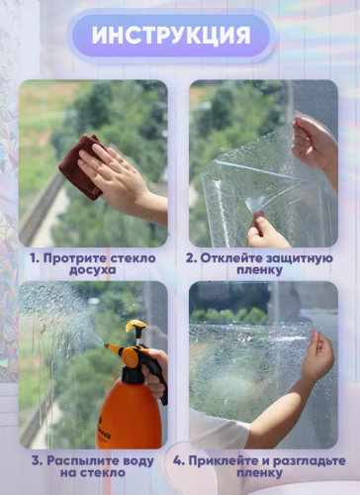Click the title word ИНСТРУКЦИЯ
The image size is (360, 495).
171,35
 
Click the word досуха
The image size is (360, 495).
93,270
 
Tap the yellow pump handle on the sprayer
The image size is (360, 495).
135,326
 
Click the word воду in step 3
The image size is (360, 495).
138,461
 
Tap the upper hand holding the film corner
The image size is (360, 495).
314,146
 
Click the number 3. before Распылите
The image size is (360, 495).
37,461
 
